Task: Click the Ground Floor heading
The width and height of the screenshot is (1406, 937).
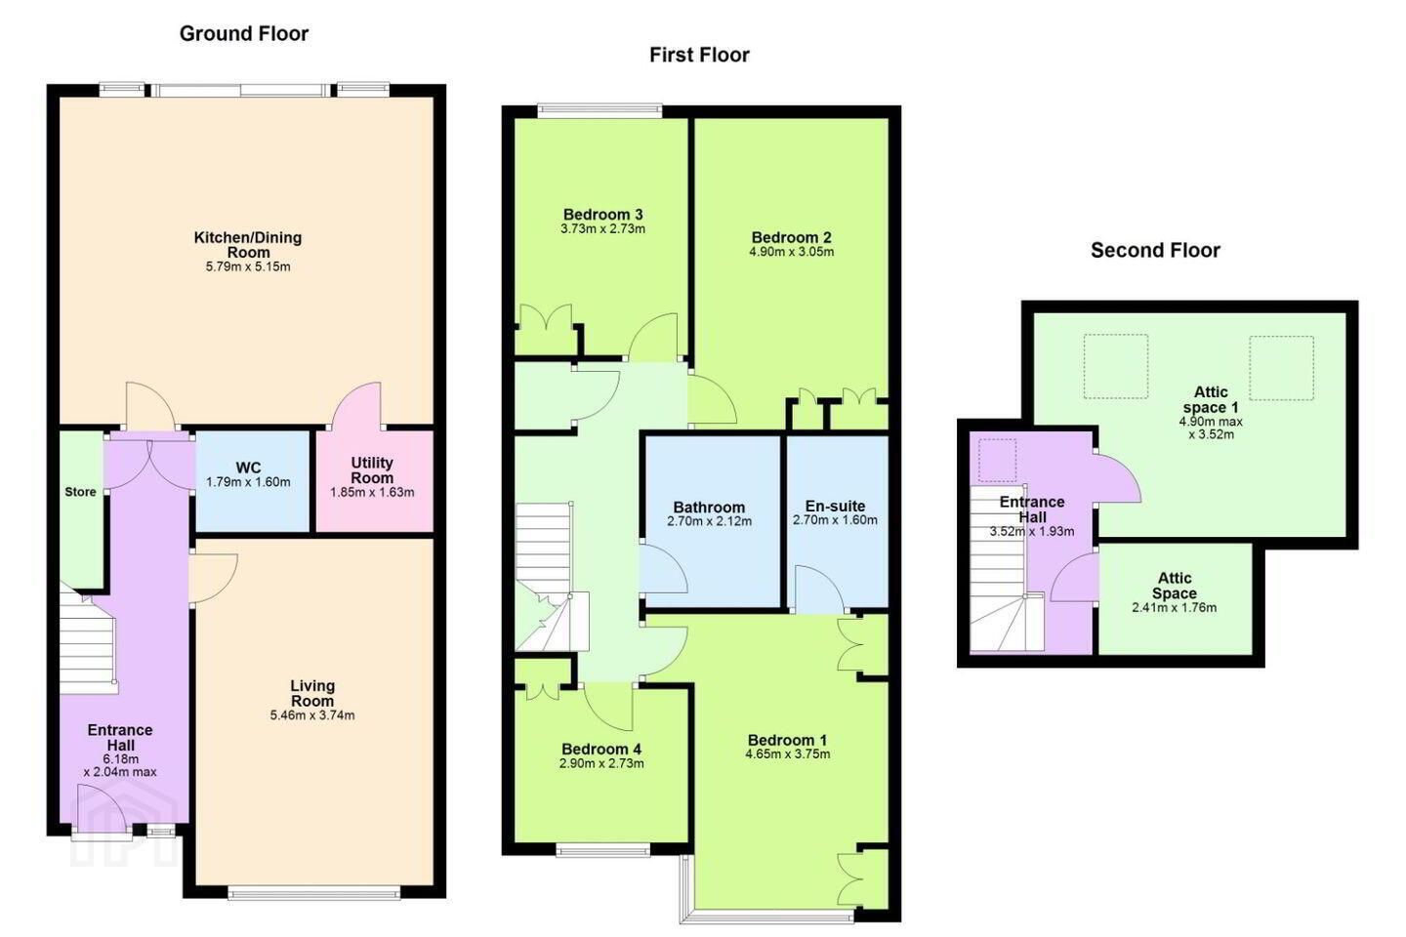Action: click(243, 34)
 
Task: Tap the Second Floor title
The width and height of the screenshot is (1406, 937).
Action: click(1156, 251)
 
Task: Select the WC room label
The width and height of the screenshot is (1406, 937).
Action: click(249, 468)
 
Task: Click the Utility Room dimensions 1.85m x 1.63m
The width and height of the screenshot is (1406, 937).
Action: click(372, 493)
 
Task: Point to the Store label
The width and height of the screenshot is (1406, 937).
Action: click(80, 492)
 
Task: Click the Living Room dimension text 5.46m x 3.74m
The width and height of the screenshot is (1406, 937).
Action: click(312, 715)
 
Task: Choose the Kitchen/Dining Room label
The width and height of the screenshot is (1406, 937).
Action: click(248, 245)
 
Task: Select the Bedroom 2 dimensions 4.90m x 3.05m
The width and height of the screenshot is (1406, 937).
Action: click(792, 252)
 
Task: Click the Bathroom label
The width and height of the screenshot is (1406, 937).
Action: click(709, 508)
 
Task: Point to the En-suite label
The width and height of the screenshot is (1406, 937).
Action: click(836, 506)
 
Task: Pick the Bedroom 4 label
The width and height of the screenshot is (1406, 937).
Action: click(601, 750)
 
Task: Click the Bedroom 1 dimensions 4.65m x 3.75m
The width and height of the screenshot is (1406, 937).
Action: click(788, 754)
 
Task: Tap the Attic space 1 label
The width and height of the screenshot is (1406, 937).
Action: click(1210, 400)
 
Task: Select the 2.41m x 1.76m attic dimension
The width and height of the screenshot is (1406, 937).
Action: click(1175, 608)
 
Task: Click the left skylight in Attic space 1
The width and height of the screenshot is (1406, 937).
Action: click(1116, 367)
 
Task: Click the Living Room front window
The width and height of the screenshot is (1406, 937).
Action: click(313, 892)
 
